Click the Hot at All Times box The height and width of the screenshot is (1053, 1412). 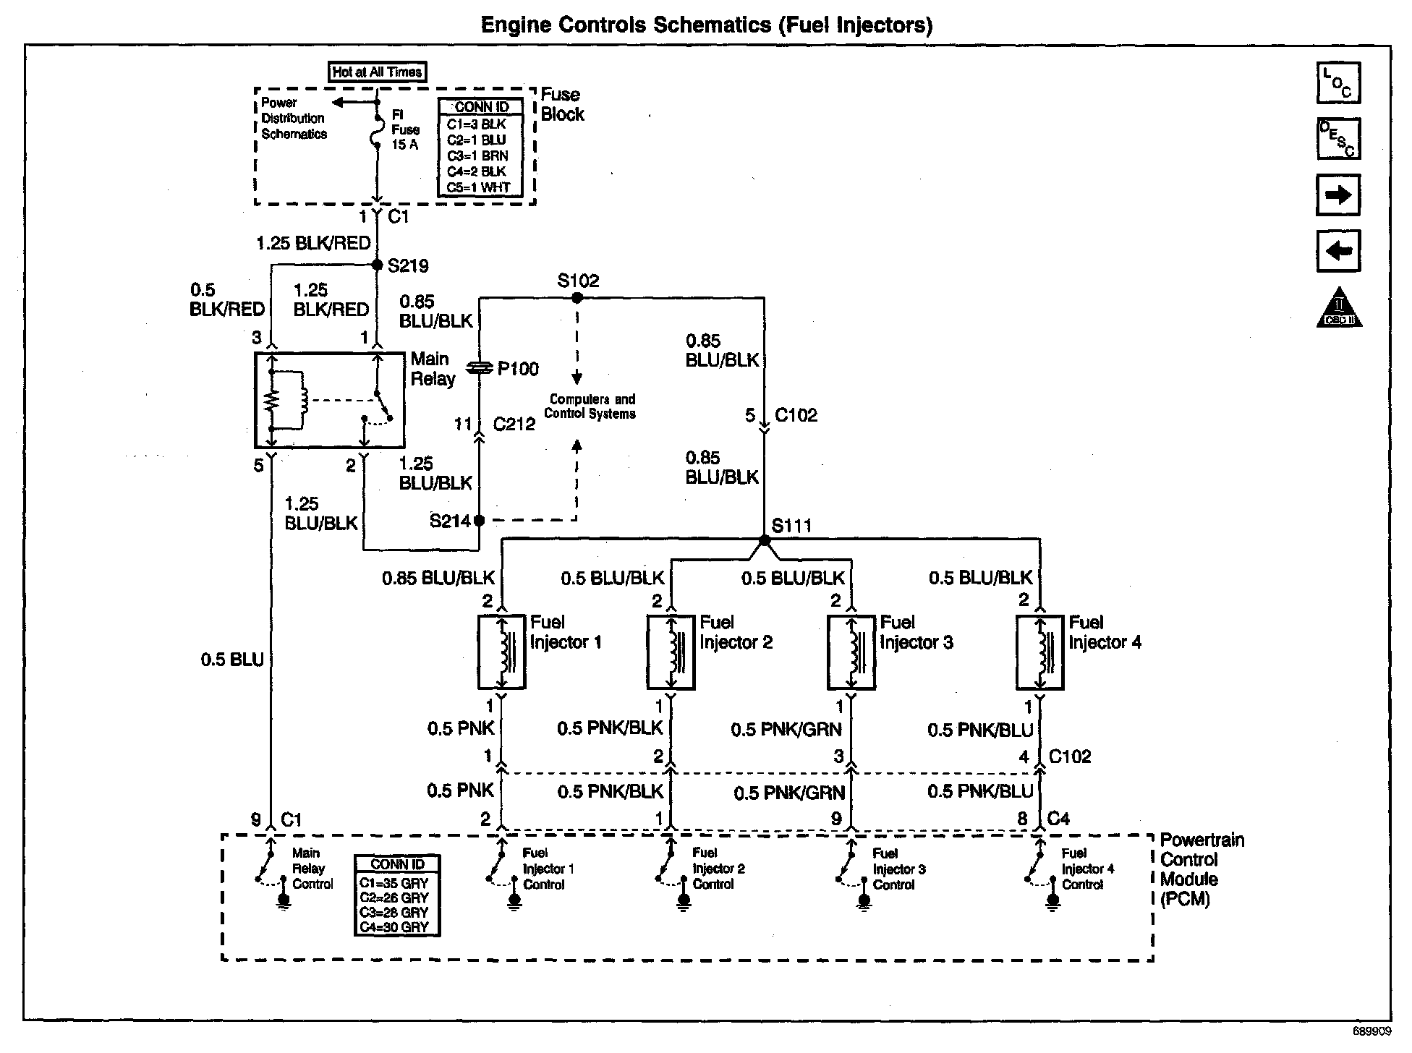coord(377,72)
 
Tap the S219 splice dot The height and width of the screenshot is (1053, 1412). coord(376,265)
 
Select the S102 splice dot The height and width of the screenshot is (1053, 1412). coord(577,297)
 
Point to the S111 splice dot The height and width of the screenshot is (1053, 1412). coord(765,540)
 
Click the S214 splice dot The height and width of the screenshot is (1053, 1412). coord(478,520)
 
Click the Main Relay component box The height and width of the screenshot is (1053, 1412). coord(329,400)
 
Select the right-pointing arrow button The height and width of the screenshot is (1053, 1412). coord(1337,195)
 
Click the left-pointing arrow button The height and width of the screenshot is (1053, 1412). coord(1337,251)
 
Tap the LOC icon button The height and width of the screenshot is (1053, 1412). coord(1337,83)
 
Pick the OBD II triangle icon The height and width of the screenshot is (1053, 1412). coord(1339,309)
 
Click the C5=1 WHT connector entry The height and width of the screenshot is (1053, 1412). coord(478,187)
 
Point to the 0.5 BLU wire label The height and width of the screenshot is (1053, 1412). coord(232,660)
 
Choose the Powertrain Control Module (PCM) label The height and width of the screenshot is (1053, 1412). coord(1202,869)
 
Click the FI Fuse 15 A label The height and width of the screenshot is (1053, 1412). coord(405,129)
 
